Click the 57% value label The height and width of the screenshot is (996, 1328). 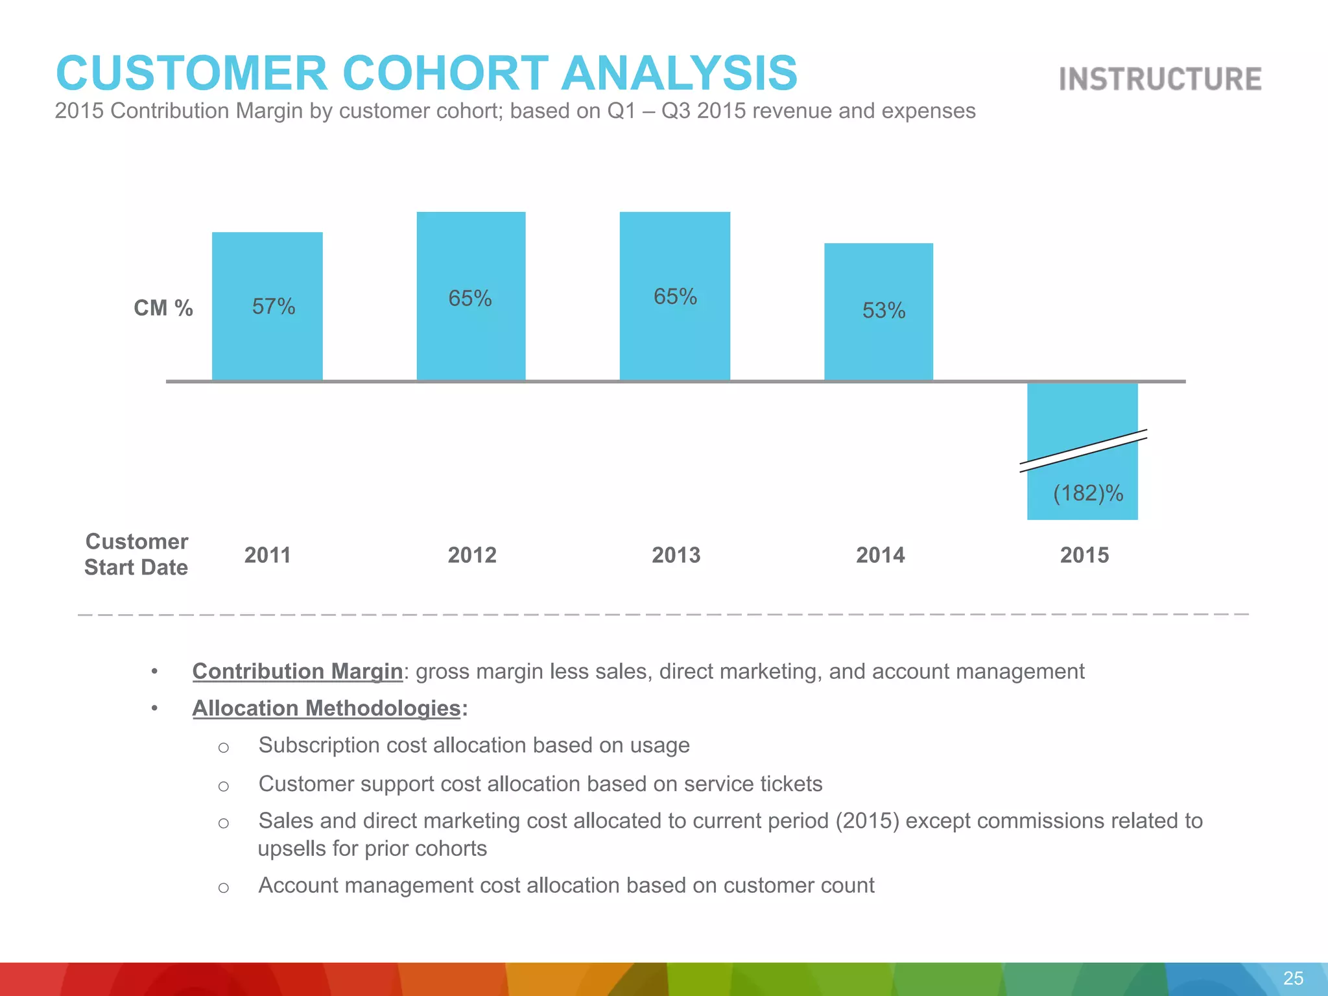[x=273, y=307]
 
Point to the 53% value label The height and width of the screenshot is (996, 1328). [x=883, y=311]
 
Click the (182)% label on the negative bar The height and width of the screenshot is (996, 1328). [x=1087, y=493]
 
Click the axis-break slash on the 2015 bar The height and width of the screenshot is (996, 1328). [x=1083, y=451]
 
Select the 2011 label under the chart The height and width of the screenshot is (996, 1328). [x=267, y=555]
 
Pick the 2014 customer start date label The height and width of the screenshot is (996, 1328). [x=880, y=555]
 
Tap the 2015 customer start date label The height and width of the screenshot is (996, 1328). [x=1084, y=555]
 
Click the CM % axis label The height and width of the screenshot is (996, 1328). [x=163, y=308]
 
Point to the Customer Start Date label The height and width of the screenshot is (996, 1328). [x=136, y=554]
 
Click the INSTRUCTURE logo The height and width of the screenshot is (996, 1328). [x=1160, y=79]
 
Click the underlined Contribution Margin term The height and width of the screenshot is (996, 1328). [x=298, y=671]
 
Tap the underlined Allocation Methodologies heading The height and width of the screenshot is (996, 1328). [x=326, y=708]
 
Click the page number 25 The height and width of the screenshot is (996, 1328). [x=1293, y=978]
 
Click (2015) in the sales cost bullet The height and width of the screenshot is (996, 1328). [x=867, y=821]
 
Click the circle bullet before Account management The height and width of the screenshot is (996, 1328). [x=224, y=888]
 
